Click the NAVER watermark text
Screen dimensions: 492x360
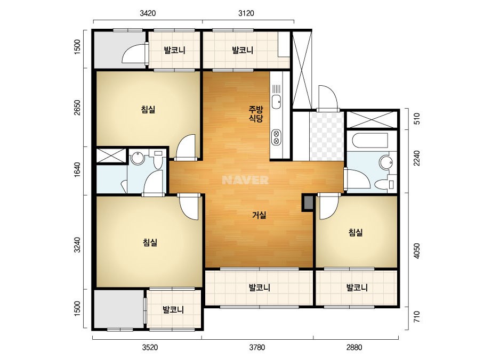(245, 180)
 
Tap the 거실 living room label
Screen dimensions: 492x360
(260, 216)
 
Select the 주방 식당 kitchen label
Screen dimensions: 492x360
(256, 114)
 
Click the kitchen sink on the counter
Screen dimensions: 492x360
(276, 102)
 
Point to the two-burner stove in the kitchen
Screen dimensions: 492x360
(277, 137)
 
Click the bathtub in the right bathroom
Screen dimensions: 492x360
(370, 140)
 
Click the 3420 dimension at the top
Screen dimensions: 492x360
(148, 13)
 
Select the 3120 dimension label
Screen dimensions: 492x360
(246, 13)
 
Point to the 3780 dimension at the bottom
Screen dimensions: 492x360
(257, 347)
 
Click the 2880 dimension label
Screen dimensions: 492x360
(354, 347)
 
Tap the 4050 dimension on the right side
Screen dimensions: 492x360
(416, 251)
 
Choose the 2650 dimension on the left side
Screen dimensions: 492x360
(77, 108)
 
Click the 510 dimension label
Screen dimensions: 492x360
(416, 119)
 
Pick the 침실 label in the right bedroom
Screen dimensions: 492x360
(356, 232)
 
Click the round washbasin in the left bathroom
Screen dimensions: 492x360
(138, 158)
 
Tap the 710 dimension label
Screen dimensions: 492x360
(416, 317)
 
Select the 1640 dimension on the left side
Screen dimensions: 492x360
(77, 169)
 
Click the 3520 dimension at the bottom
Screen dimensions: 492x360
(150, 347)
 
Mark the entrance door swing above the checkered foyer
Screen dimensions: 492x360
(328, 98)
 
